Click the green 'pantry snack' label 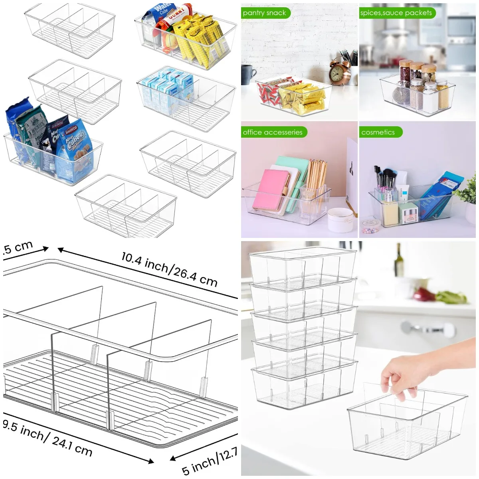tap(265, 13)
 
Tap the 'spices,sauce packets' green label tap(396, 13)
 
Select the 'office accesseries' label tap(273, 132)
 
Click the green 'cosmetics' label tap(378, 132)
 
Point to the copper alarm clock tap(338, 72)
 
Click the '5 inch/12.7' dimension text tap(210, 461)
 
